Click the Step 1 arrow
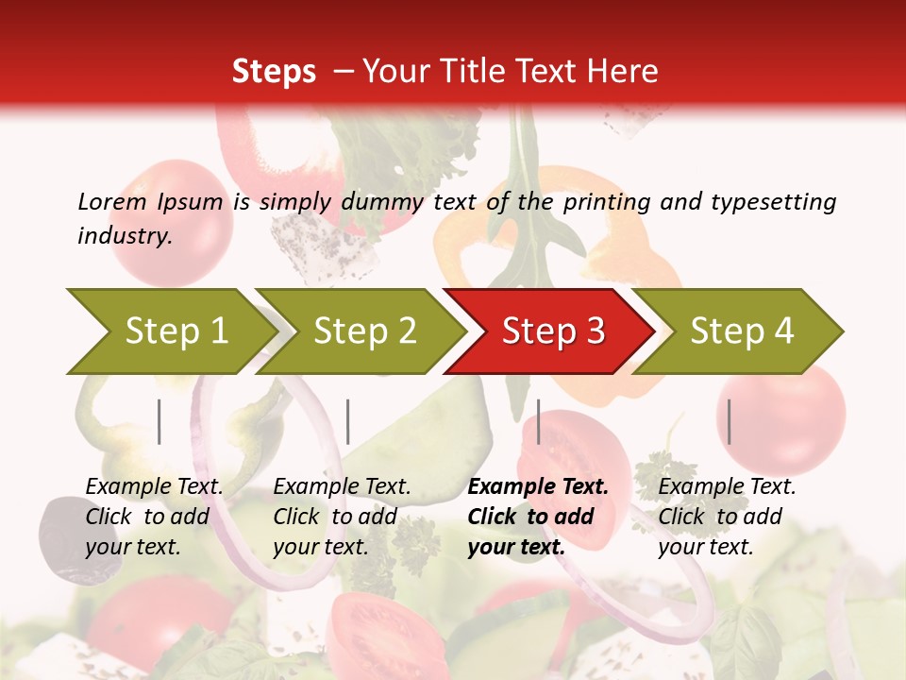pyautogui.click(x=170, y=331)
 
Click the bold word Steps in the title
pyautogui.click(x=274, y=72)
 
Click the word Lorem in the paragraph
pyautogui.click(x=111, y=201)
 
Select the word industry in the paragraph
pyautogui.click(x=125, y=236)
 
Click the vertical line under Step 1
pyautogui.click(x=159, y=421)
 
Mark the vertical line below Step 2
pyautogui.click(x=347, y=421)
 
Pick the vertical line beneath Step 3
pyautogui.click(x=538, y=421)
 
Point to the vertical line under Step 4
pyautogui.click(x=729, y=421)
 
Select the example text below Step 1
pyautogui.click(x=154, y=517)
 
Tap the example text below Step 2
pyautogui.click(x=342, y=517)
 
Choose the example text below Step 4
pyautogui.click(x=727, y=517)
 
